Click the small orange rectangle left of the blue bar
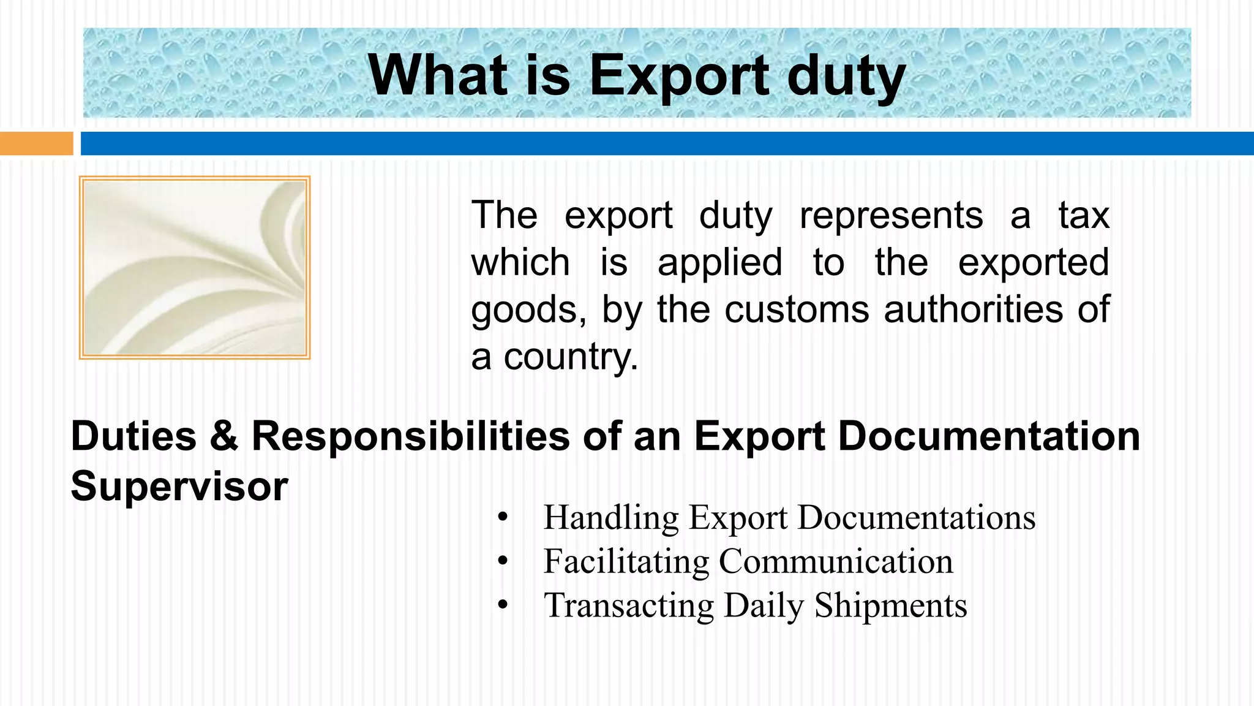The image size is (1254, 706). point(36,143)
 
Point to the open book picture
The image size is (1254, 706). point(195,267)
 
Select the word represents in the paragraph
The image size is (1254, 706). point(891,215)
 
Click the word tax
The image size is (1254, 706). point(1084,215)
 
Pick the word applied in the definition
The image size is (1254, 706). point(720,262)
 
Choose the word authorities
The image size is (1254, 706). point(973,309)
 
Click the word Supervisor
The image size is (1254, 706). point(179,486)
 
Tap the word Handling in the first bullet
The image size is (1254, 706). point(611,517)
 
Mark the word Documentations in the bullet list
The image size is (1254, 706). point(916,517)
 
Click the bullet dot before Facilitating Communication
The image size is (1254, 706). point(503,561)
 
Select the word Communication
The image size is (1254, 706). point(836,561)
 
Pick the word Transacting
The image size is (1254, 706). point(629,605)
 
